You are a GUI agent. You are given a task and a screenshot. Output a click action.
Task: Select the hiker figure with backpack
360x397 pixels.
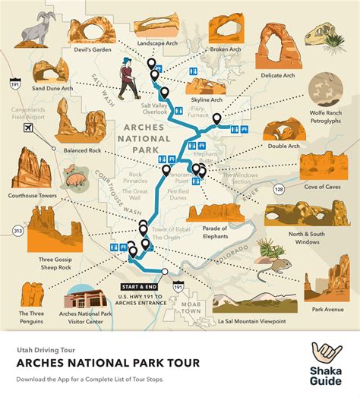point(125,79)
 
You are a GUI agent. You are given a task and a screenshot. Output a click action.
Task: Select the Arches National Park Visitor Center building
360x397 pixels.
point(90,304)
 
